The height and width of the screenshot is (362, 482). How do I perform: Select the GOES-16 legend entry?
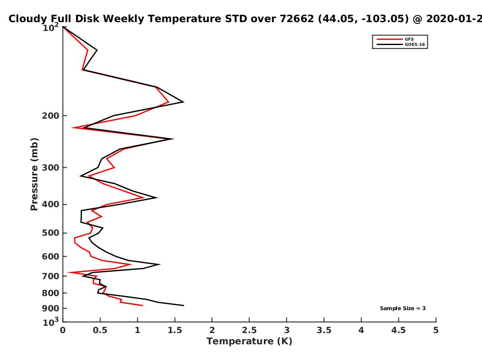tap(401, 44)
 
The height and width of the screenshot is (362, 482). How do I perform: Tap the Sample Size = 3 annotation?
tap(403, 309)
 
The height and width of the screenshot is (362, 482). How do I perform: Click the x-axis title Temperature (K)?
tap(249, 341)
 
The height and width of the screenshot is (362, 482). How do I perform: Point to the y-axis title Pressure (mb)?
tap(34, 174)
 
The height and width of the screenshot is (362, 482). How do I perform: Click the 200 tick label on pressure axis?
tap(51, 115)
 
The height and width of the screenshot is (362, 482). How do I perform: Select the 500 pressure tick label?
tap(51, 233)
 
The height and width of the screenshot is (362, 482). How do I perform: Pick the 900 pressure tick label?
tap(51, 309)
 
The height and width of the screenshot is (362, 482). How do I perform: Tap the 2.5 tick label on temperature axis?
tap(249, 330)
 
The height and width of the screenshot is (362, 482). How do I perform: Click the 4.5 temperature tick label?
tap(398, 330)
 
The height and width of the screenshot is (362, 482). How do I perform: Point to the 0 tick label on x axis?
tap(63, 330)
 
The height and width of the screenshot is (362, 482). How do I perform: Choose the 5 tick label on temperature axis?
tap(436, 330)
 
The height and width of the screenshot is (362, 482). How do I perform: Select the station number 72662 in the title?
tap(297, 19)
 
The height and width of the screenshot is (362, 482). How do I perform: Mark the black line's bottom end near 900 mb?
tap(184, 306)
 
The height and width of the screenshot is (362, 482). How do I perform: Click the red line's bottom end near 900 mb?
tap(143, 306)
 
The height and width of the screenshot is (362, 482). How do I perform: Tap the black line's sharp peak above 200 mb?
tap(184, 102)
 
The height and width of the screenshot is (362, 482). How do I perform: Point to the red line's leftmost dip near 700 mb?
tap(68, 273)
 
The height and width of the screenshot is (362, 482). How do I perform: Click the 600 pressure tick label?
tap(51, 256)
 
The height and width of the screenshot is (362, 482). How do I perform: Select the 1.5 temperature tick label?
tap(175, 330)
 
